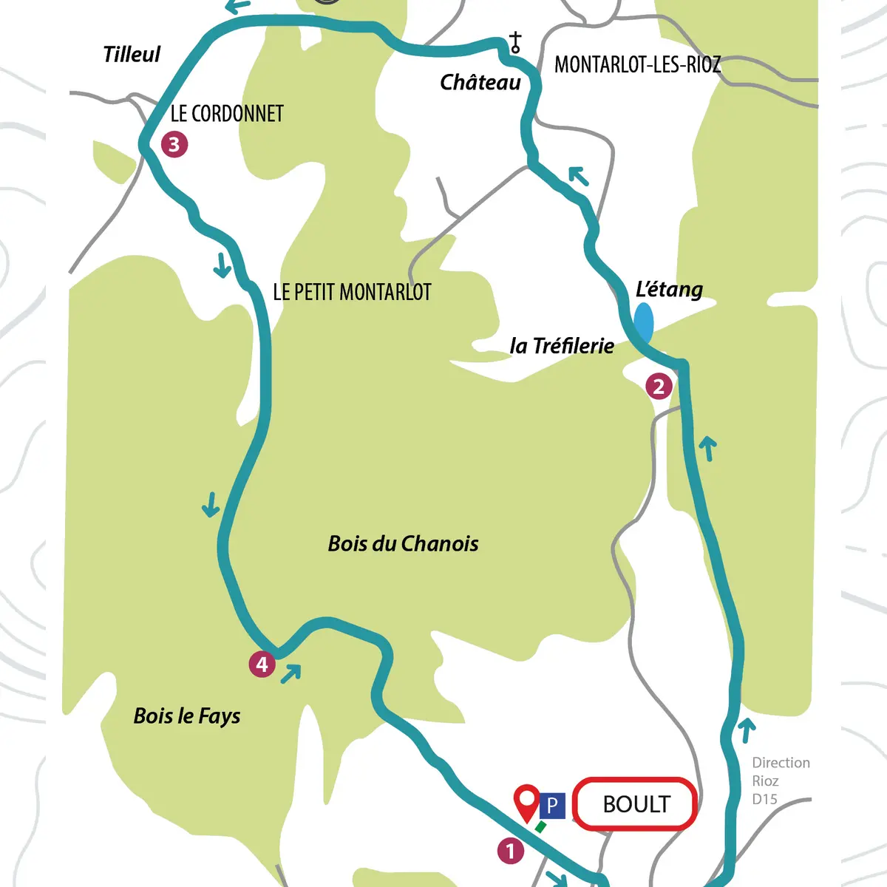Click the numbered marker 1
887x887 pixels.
pyautogui.click(x=510, y=851)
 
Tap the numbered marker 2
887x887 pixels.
pyautogui.click(x=659, y=386)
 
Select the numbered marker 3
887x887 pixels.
pyautogui.click(x=174, y=143)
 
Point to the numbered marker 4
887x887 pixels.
pyautogui.click(x=262, y=664)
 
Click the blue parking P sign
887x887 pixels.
pyautogui.click(x=551, y=805)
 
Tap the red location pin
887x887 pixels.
pyautogui.click(x=527, y=801)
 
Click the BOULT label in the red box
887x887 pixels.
pyautogui.click(x=636, y=804)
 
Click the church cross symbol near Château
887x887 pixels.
pyautogui.click(x=515, y=43)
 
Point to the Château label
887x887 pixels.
pyautogui.click(x=480, y=82)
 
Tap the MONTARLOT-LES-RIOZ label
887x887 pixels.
pyautogui.click(x=637, y=65)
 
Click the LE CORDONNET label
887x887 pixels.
pyautogui.click(x=227, y=114)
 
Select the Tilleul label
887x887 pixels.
pyautogui.click(x=132, y=54)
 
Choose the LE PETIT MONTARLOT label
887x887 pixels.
pyautogui.click(x=352, y=292)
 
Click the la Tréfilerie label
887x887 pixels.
pyautogui.click(x=562, y=345)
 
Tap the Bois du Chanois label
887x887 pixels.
pyautogui.click(x=403, y=544)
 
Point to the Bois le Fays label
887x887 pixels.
pyautogui.click(x=187, y=716)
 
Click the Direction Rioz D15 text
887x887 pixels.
pyautogui.click(x=780, y=781)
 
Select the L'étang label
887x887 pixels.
pyautogui.click(x=669, y=289)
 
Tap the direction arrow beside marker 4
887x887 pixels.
pyautogui.click(x=291, y=673)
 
